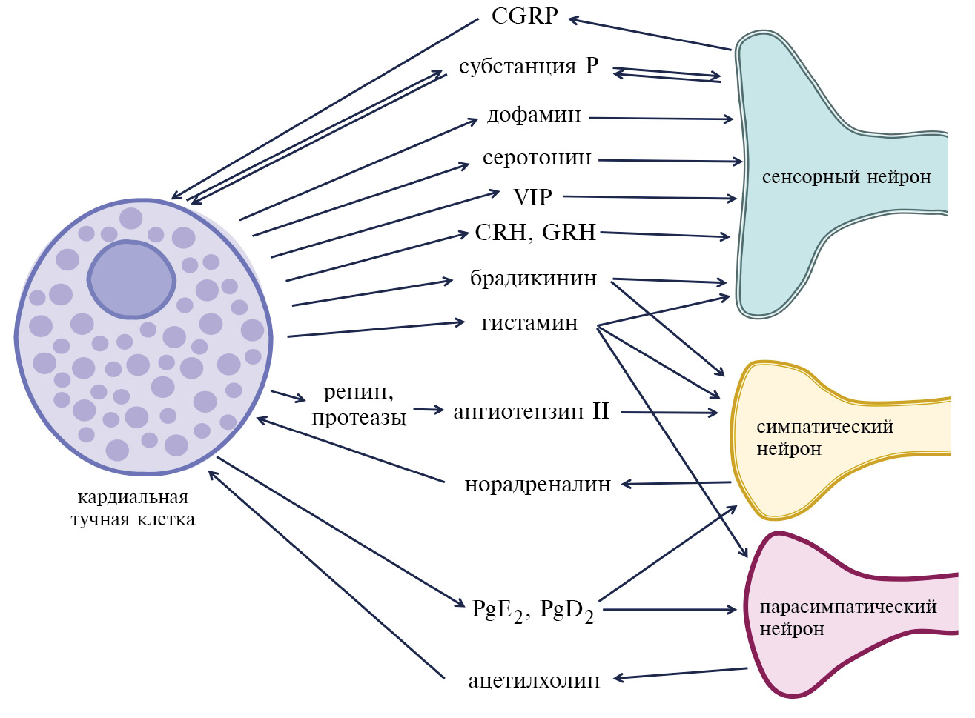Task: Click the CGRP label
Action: [x=524, y=16]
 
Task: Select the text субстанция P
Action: [x=528, y=66]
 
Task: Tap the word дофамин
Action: [x=534, y=116]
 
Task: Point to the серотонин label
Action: [x=537, y=158]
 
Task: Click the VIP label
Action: [x=532, y=197]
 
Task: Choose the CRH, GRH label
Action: [x=535, y=233]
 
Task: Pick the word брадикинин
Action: [x=533, y=279]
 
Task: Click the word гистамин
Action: [x=529, y=323]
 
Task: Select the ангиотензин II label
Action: [x=531, y=411]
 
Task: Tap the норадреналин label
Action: [x=538, y=485]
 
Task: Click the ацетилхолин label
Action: [x=534, y=681]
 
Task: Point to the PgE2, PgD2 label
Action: [x=532, y=611]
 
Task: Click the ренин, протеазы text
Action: [x=359, y=405]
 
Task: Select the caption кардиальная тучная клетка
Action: [x=133, y=508]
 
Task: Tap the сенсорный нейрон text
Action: [x=846, y=177]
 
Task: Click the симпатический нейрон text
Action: [x=824, y=438]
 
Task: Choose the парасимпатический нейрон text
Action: [x=847, y=617]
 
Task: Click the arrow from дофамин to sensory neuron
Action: [x=660, y=118]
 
